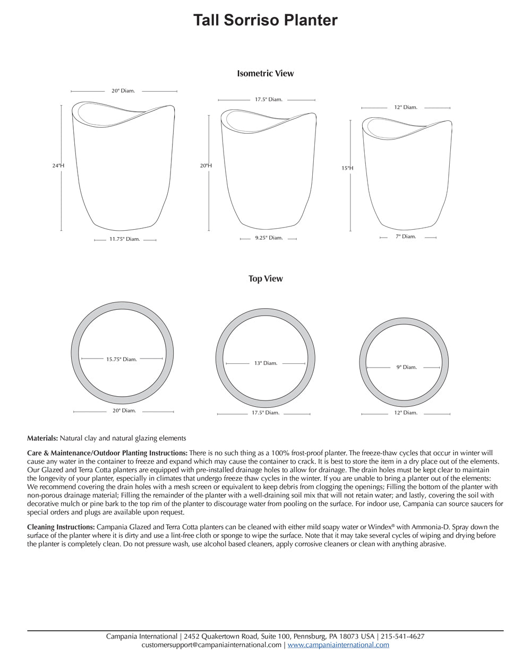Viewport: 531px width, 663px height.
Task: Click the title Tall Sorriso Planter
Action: [265, 20]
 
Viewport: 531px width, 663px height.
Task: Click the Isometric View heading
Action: [265, 74]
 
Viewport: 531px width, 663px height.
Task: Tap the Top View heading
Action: [265, 278]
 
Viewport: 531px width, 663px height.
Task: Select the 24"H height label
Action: [58, 165]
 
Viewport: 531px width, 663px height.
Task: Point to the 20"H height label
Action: [205, 165]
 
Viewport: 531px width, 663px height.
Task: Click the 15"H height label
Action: [347, 168]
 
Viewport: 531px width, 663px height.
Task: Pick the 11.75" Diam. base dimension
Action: [125, 239]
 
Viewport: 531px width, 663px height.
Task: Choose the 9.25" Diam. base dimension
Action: [269, 238]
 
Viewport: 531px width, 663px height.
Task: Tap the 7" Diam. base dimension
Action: [406, 237]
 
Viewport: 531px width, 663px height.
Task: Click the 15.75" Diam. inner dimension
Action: [122, 359]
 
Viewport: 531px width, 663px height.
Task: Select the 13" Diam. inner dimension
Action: [266, 363]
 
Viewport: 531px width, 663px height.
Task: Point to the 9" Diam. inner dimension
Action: [406, 367]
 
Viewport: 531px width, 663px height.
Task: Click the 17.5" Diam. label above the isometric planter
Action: [268, 99]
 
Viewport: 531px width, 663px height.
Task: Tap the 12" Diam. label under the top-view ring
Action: [406, 413]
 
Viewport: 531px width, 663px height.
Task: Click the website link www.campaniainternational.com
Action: [338, 645]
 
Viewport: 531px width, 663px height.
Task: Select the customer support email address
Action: [211, 645]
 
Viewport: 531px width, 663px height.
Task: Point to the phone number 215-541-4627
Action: [402, 636]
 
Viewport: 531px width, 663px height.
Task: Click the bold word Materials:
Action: [42, 439]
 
